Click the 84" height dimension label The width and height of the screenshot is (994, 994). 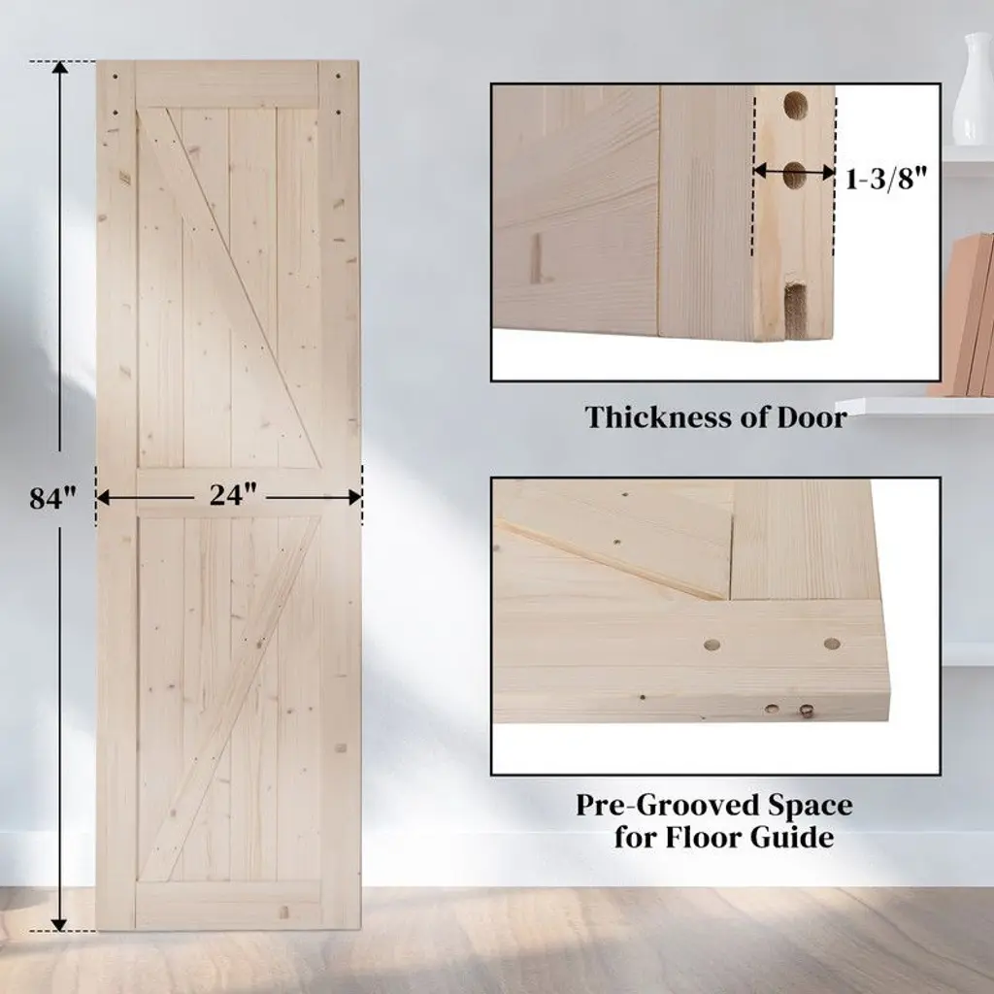coord(52,498)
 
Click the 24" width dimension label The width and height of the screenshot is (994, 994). coord(233,494)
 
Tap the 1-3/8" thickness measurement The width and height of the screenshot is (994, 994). coord(886,179)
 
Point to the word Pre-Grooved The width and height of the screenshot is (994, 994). coord(668,807)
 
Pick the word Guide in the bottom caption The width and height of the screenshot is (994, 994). coord(792,838)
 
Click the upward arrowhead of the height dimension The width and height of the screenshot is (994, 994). coord(59,69)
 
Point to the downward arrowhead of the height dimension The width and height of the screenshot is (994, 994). coord(59,924)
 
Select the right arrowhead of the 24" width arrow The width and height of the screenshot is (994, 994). coord(354,498)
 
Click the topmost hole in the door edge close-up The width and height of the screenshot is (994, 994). coord(795,105)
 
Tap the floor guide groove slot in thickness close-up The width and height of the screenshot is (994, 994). coord(795,311)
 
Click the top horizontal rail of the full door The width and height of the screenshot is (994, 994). coord(227,85)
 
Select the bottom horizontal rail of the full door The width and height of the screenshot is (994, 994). coord(229,906)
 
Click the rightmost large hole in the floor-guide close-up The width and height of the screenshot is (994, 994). coord(832,645)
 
